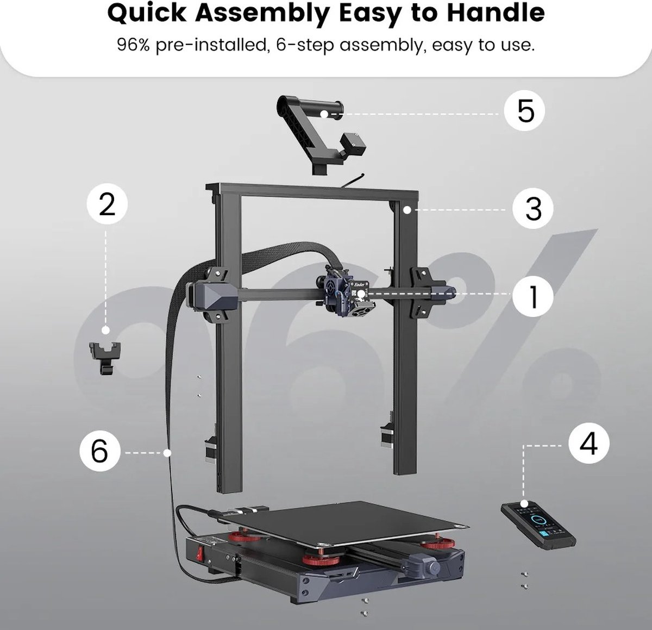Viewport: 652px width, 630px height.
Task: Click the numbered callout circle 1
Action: point(532,296)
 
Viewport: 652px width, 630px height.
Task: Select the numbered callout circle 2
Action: point(107,204)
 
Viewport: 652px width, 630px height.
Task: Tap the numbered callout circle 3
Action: point(532,208)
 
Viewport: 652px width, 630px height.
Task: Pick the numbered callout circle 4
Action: point(588,444)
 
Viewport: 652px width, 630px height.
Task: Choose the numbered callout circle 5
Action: point(525,110)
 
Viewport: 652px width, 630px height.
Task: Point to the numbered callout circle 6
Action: point(100,451)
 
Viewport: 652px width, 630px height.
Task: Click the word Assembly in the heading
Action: point(262,14)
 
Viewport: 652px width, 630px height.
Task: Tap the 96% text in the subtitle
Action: point(133,45)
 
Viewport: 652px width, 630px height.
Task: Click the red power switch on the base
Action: point(200,554)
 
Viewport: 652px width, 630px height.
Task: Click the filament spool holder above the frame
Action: point(321,134)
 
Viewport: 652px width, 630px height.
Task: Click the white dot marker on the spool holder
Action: point(324,114)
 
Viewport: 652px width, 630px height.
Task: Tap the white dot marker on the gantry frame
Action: point(407,210)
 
